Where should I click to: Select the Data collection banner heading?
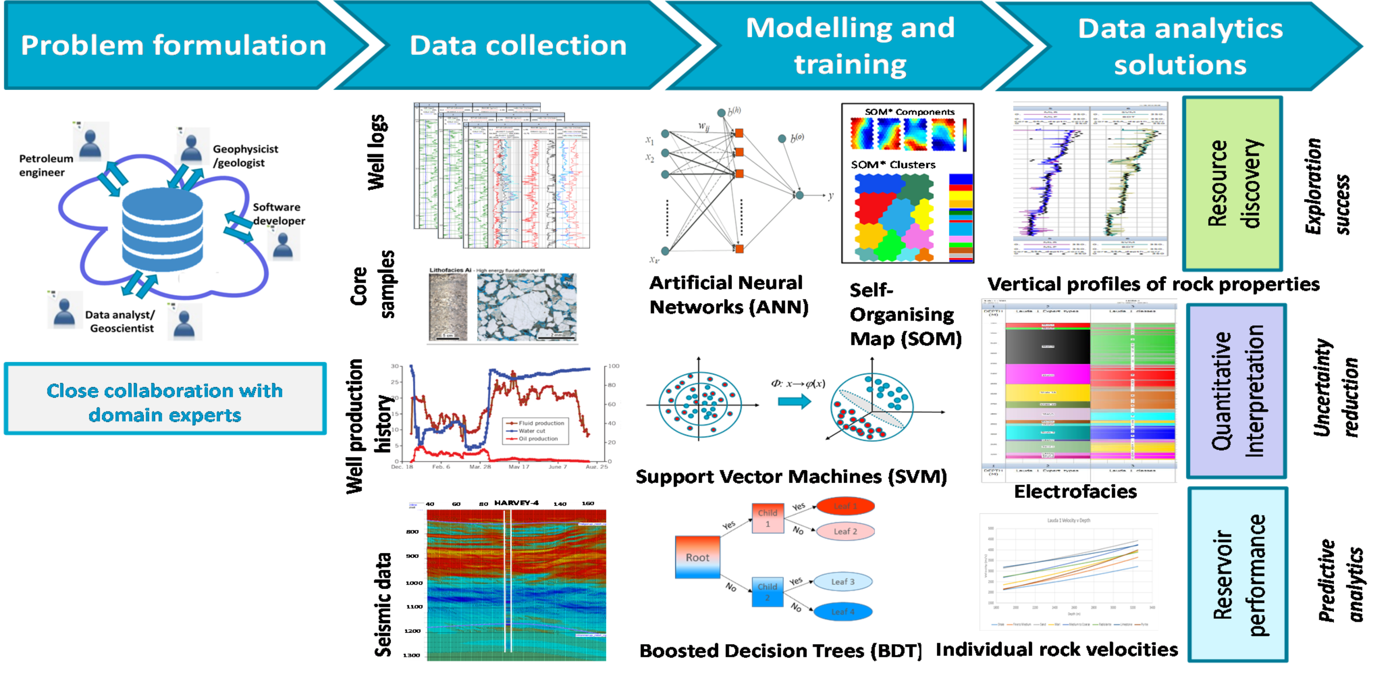[x=518, y=46]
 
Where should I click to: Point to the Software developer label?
[x=278, y=214]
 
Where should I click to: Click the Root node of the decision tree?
[x=697, y=557]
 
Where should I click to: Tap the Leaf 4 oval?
[x=842, y=612]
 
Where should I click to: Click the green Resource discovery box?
[x=1232, y=184]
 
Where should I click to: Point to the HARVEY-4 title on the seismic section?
[x=516, y=503]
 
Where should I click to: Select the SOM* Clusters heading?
[x=893, y=165]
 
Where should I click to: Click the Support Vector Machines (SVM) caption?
[x=791, y=476]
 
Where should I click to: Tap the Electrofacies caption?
[x=1075, y=491]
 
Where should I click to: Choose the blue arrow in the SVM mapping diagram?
[x=794, y=401]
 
